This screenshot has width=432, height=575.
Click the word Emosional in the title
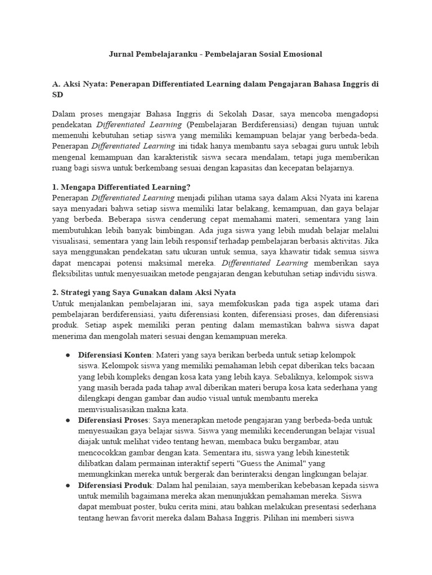(300, 54)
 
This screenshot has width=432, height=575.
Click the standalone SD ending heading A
(58, 95)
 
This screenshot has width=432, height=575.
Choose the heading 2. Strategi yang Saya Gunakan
(144, 292)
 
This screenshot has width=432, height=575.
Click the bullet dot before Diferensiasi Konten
(68, 355)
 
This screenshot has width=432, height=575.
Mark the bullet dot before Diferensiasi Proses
(68, 421)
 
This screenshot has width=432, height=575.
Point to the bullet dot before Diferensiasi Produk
(68, 486)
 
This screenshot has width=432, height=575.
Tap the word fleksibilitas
(78, 274)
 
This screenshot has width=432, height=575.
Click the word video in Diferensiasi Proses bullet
(168, 442)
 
